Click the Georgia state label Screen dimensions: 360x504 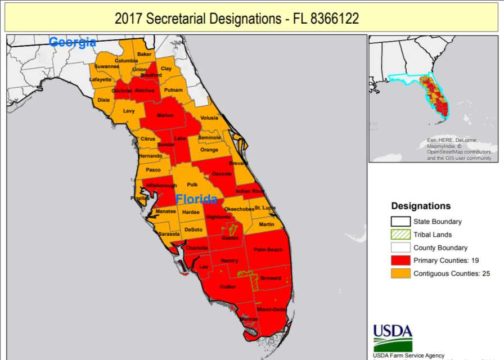coord(73,42)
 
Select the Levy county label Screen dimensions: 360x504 coord(128,110)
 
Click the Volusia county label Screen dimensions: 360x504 coord(208,118)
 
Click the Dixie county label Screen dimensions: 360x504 coord(103,100)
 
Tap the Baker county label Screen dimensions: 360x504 coord(143,53)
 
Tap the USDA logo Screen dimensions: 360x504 coord(392,333)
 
